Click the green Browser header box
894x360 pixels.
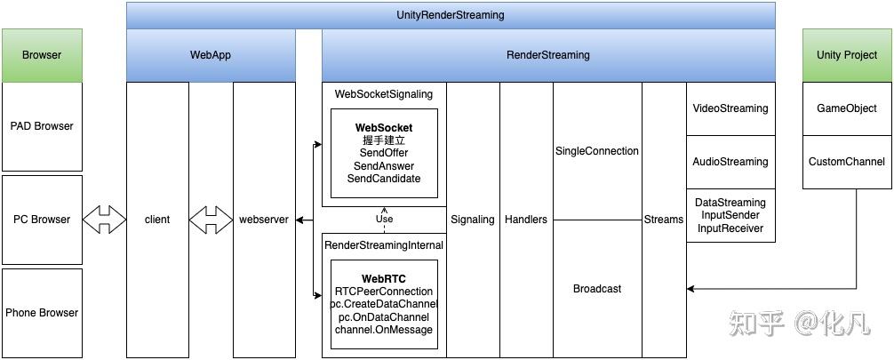point(42,55)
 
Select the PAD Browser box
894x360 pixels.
point(42,126)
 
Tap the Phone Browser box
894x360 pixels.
point(42,313)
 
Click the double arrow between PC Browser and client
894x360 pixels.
point(104,220)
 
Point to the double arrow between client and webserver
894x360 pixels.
point(211,220)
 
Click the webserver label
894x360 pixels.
point(264,220)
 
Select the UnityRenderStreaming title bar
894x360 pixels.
point(450,15)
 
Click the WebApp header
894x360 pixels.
point(211,55)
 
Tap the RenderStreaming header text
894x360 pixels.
point(547,55)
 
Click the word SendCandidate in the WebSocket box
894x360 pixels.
point(384,179)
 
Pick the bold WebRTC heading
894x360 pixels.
point(384,278)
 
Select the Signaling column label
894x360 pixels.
point(473,220)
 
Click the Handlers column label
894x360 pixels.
point(526,220)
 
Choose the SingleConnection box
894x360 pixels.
point(597,151)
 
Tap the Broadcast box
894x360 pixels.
point(597,289)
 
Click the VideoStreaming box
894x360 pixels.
point(730,108)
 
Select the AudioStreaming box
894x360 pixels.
point(730,162)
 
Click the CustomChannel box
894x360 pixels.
point(847,162)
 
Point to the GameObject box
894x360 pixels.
point(847,108)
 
